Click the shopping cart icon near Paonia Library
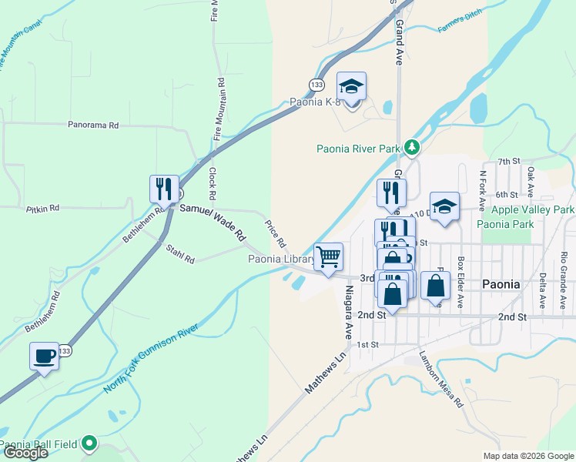(329, 256)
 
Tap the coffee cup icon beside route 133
(44, 356)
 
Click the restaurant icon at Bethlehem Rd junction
(164, 188)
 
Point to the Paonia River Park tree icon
(413, 146)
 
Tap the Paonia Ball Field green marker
(90, 443)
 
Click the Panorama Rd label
(92, 125)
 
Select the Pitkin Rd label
(42, 209)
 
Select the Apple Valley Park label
(533, 209)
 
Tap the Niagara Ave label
(348, 313)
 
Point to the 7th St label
(509, 161)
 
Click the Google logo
(25, 453)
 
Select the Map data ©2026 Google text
(527, 456)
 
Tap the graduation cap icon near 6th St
(444, 206)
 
